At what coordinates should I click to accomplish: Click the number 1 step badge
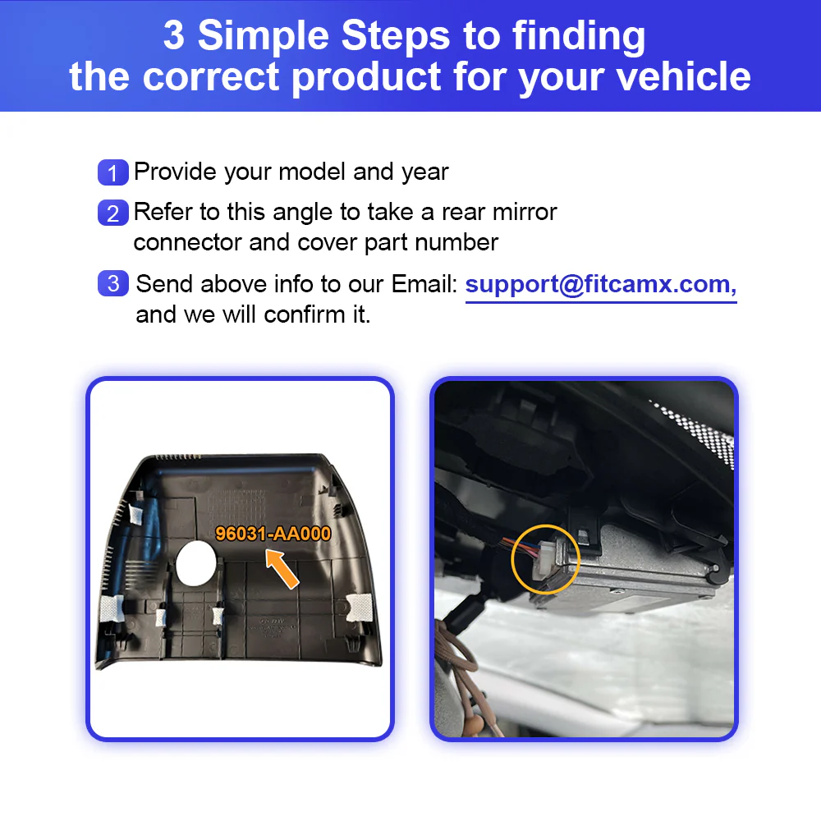pos(112,173)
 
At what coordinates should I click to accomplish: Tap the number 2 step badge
pos(112,213)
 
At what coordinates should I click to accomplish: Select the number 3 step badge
pos(112,284)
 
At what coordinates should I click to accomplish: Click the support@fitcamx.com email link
pos(600,285)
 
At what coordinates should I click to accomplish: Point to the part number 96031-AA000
pos(273,534)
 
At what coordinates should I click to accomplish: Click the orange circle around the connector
pos(545,561)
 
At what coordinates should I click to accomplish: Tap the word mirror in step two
pos(525,212)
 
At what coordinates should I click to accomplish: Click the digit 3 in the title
pos(174,36)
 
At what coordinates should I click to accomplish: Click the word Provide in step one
pos(175,172)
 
